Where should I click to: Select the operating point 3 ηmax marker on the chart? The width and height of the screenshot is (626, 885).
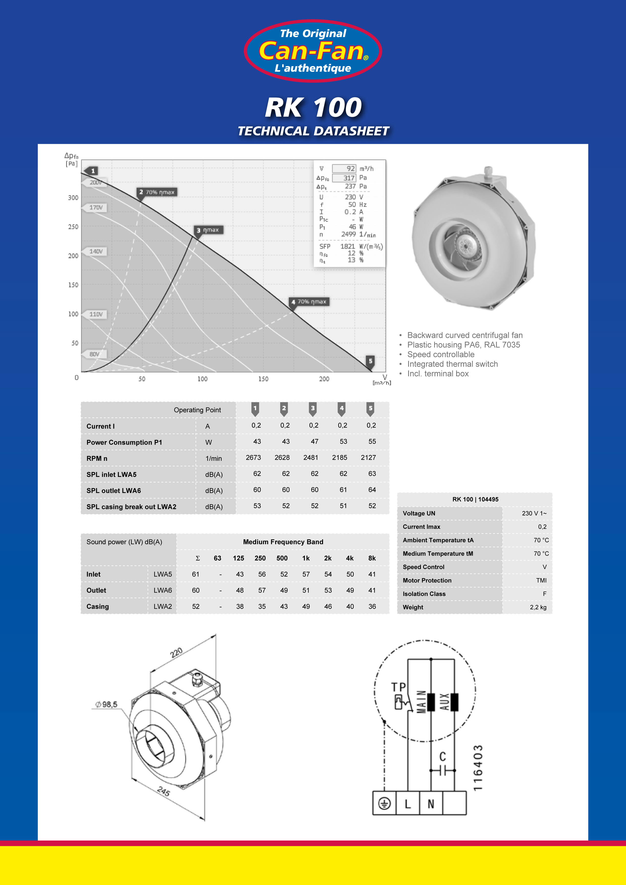208,230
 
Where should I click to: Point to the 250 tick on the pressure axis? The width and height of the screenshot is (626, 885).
73,227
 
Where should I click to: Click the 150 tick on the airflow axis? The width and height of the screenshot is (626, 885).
263,379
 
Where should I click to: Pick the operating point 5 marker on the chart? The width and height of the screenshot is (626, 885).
371,361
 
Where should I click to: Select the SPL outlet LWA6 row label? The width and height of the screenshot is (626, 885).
114,491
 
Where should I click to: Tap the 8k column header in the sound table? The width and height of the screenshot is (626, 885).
372,558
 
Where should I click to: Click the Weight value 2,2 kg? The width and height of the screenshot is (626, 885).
538,607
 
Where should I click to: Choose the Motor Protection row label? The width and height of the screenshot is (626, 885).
427,580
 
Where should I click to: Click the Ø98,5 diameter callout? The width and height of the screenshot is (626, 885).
106,704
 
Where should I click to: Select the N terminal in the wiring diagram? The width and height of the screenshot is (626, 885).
431,804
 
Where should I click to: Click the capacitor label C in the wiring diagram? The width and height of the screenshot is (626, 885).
442,756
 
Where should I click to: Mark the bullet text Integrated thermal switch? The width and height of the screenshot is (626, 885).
453,364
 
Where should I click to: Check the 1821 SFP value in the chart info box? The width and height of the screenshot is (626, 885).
347,246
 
